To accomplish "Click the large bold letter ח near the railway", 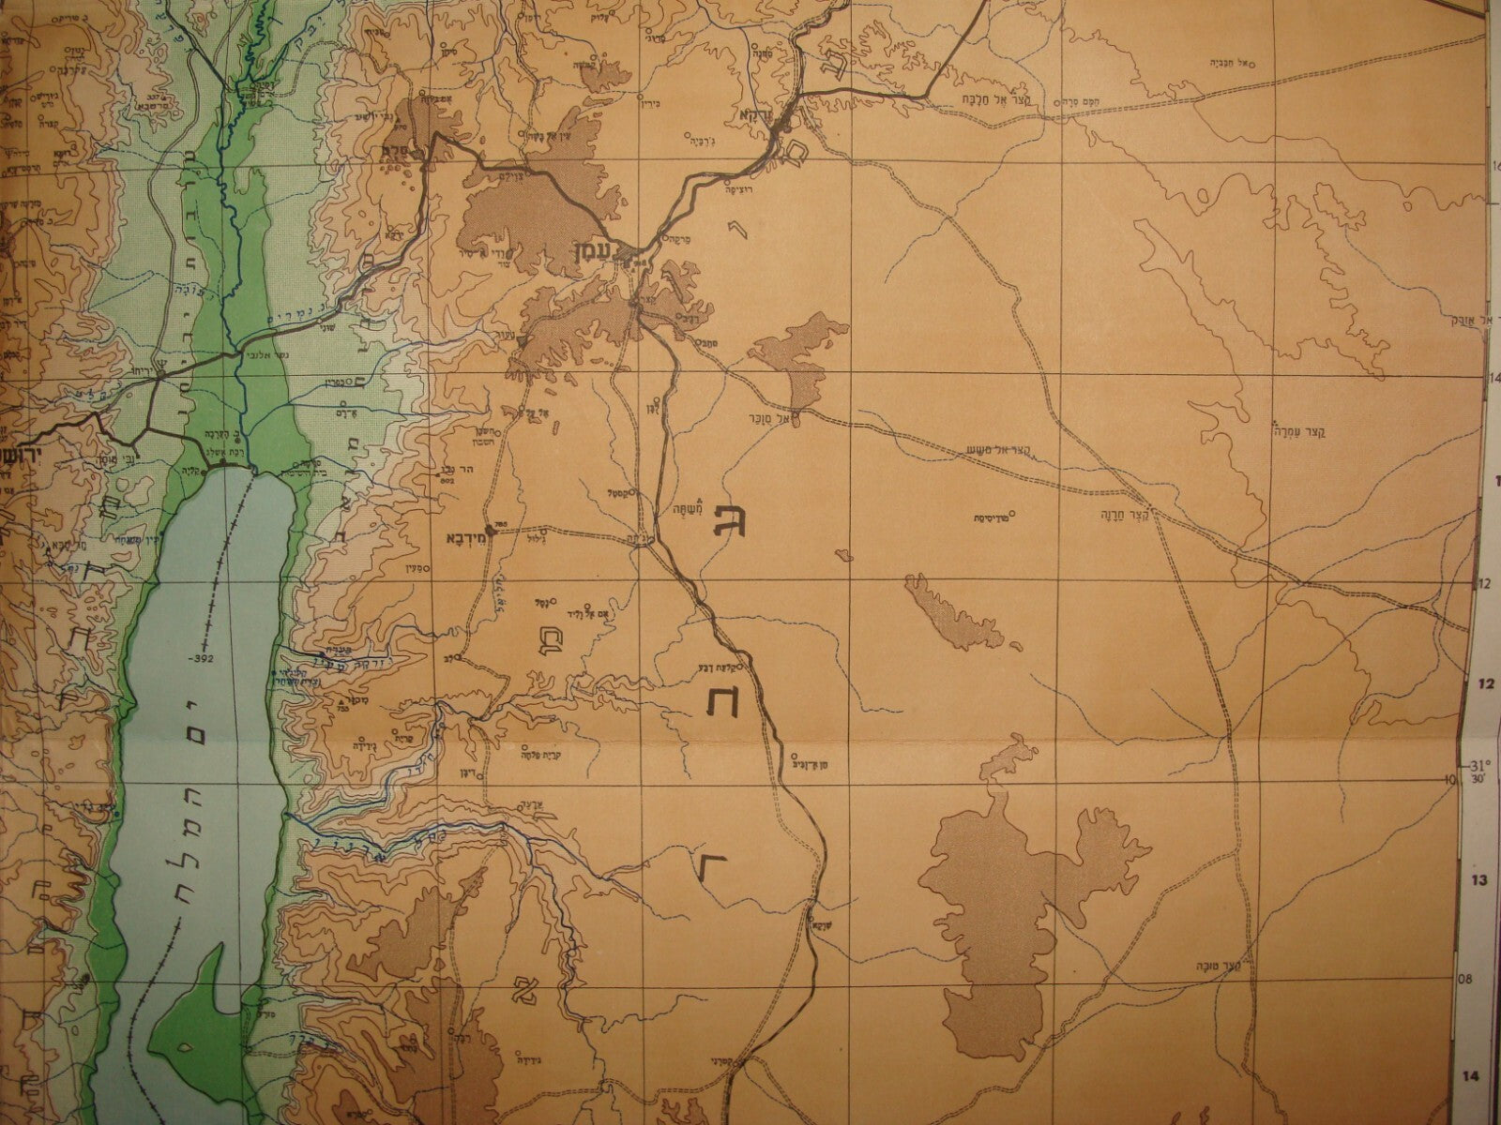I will [x=722, y=699].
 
